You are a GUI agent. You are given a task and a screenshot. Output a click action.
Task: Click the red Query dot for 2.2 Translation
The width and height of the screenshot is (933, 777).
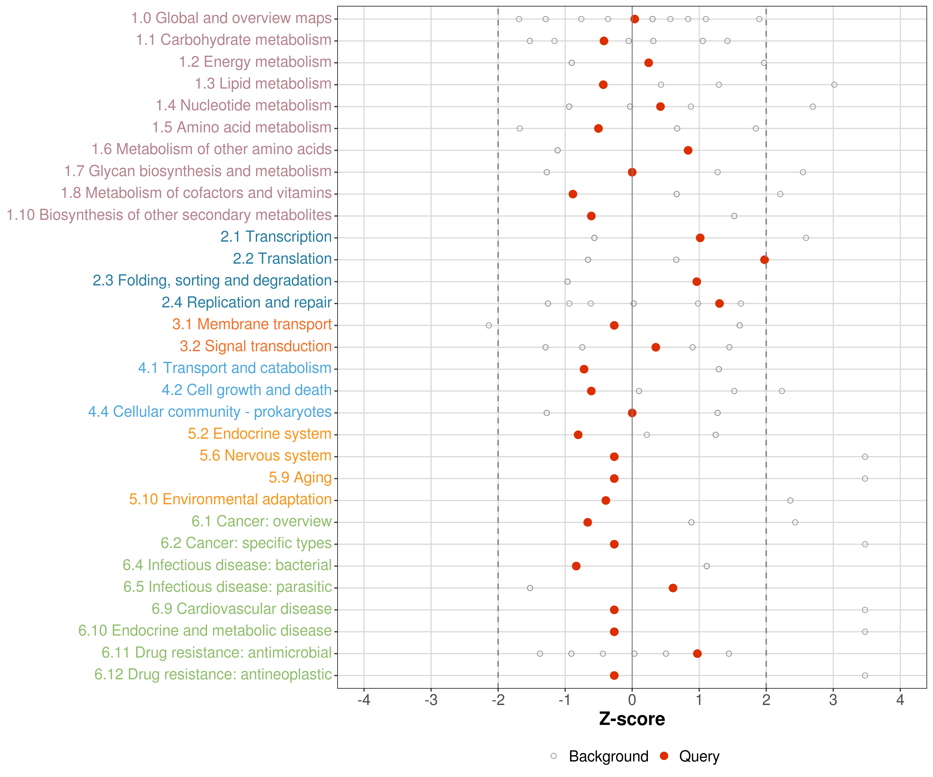764,260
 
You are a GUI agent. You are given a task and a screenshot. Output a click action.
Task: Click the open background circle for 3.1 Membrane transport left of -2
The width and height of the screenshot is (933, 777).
489,326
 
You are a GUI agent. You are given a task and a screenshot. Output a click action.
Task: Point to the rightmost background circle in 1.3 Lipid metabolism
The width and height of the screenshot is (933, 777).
834,85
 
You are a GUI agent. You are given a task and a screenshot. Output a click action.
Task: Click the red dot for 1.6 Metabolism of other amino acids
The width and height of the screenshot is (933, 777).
688,150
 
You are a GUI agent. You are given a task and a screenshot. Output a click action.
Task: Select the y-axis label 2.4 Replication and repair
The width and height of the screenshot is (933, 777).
246,302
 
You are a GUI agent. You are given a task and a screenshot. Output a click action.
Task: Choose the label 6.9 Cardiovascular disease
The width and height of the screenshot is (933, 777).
242,609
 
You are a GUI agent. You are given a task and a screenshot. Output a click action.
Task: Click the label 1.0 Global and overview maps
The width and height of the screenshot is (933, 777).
231,18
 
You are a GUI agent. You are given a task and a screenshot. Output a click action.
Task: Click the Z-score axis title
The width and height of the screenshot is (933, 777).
632,719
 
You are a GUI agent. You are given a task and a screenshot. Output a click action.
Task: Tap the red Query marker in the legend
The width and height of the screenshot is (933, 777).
664,756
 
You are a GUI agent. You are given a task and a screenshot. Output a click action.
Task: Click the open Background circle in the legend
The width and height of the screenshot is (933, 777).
554,756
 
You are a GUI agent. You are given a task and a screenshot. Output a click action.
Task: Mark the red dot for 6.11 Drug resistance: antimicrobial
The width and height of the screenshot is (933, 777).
697,653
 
